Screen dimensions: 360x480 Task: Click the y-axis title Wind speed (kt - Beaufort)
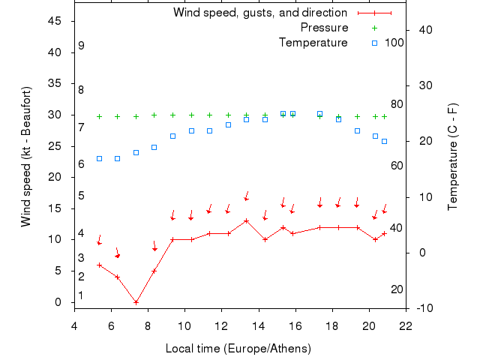pos(26,157)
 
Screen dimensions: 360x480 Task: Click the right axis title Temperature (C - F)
pos(453,157)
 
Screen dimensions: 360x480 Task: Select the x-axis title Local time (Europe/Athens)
pos(239,349)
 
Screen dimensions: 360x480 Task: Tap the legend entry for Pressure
pos(324,28)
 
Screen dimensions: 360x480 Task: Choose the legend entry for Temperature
pos(313,43)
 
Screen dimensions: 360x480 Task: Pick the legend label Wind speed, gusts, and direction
pos(259,13)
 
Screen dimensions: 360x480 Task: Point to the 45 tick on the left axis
pos(54,21)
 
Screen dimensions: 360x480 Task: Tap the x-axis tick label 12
pos(221,325)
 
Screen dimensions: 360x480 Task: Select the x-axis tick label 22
pos(406,325)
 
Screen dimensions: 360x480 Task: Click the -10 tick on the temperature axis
pos(422,308)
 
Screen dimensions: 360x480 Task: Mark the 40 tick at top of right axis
pos(422,30)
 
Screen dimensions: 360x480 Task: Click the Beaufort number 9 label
pos(81,46)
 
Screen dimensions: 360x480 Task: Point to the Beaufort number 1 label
pos(81,295)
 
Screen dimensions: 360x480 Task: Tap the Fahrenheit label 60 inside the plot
pos(397,166)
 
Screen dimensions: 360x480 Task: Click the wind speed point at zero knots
pos(136,302)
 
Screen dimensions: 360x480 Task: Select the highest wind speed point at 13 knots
pos(246,220)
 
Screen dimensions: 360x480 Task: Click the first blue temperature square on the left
pos(99,158)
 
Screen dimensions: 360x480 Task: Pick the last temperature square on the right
pos(384,141)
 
